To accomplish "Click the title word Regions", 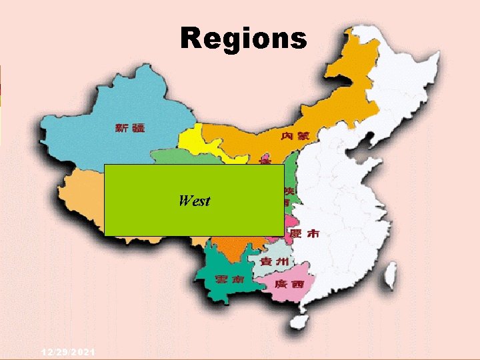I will [243, 38].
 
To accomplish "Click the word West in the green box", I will [195, 201].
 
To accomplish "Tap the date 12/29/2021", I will [67, 351].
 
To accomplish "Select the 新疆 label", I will [129, 128].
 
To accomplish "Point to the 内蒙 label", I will [295, 136].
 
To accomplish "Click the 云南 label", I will [227, 279].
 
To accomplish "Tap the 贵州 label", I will [274, 262].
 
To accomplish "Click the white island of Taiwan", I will [391, 273].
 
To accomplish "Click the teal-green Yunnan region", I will [223, 267].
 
